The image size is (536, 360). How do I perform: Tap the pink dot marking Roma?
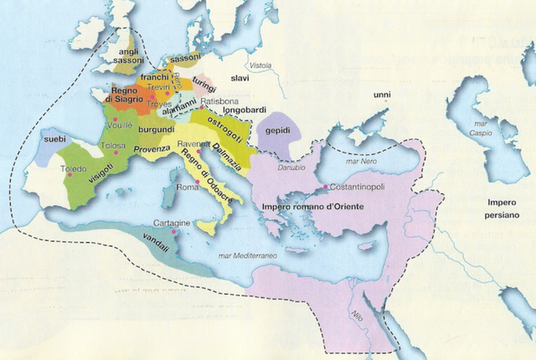click(198, 183)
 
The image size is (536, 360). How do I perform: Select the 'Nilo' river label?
click(356, 316)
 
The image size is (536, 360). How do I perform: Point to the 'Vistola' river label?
click(260, 65)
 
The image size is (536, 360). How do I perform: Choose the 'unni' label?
click(383, 96)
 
